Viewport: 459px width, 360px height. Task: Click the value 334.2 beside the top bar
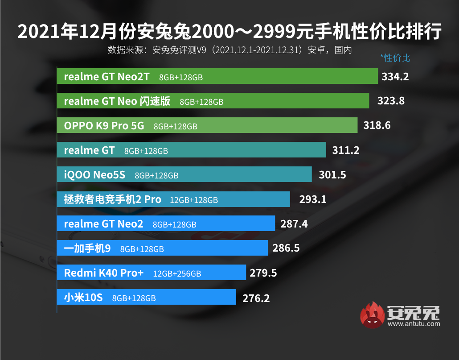point(395,77)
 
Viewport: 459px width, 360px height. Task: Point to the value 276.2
point(256,298)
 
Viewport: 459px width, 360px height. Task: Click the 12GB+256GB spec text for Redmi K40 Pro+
point(177,273)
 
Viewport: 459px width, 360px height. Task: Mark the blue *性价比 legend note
point(395,58)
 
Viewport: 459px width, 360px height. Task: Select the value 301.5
point(332,175)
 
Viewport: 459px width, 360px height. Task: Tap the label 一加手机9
point(87,248)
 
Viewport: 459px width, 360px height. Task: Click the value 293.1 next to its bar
point(313,199)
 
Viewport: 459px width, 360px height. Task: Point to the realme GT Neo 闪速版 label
point(117,101)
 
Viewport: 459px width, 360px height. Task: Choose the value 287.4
point(294,224)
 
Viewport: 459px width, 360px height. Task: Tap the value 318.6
point(377,126)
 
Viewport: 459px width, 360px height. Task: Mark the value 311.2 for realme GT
point(346,150)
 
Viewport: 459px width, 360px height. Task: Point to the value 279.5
point(263,273)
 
